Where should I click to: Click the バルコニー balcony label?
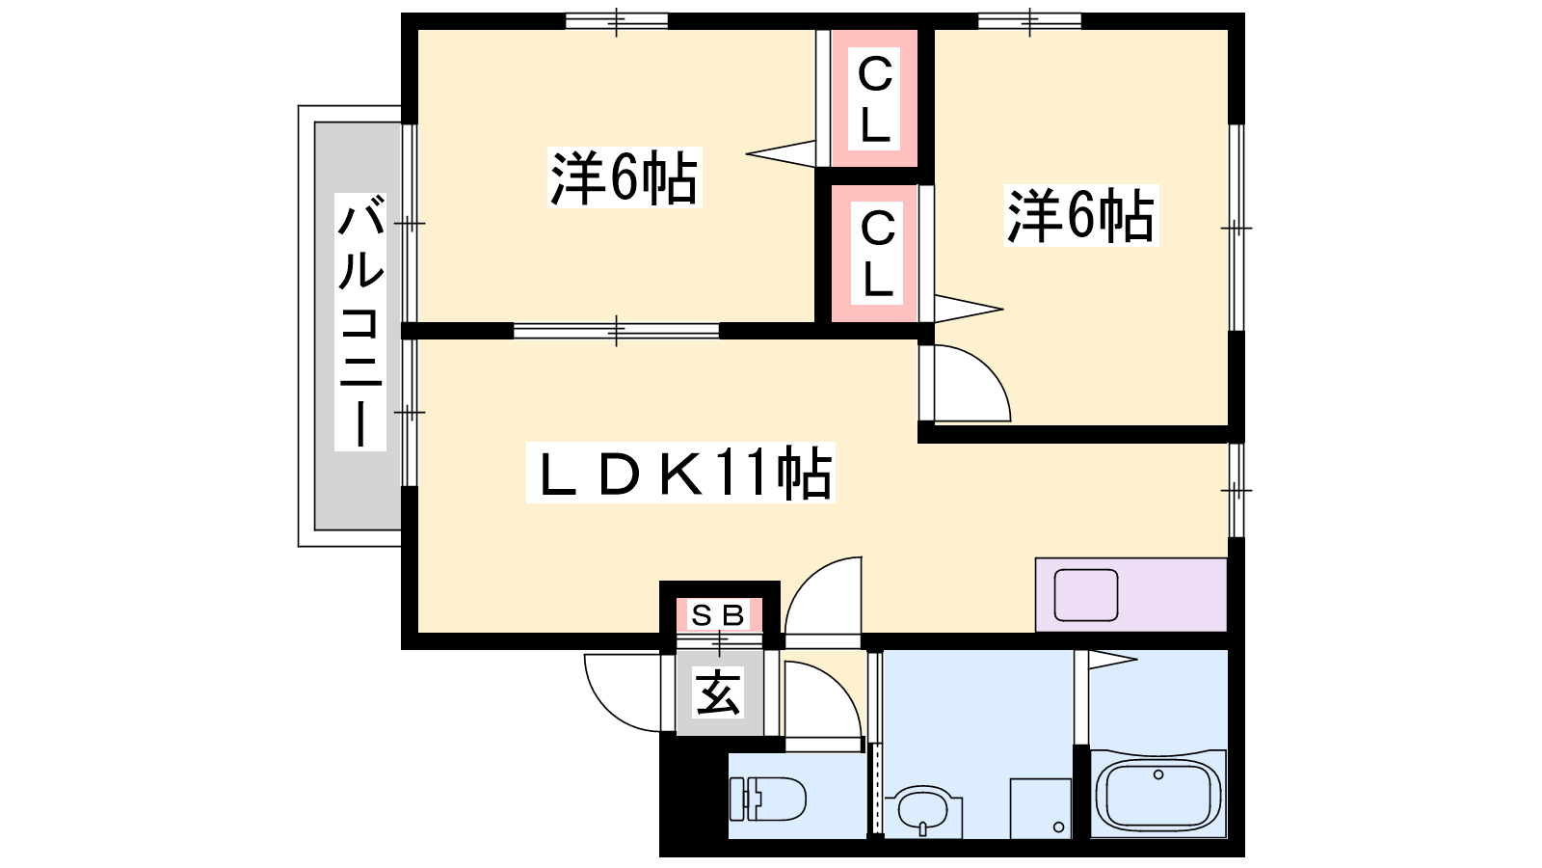[360, 322]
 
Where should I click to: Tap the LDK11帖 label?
[680, 473]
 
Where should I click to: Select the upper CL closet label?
[874, 99]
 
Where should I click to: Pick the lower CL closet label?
[877, 254]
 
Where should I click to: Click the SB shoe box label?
[718, 615]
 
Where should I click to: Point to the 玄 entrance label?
[718, 692]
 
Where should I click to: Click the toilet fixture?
[767, 800]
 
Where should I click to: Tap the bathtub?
[1157, 794]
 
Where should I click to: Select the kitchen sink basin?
[1085, 595]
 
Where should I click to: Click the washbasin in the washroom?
[922, 813]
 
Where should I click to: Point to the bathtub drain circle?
[1158, 775]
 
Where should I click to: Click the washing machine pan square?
[1040, 808]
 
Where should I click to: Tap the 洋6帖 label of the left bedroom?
[625, 177]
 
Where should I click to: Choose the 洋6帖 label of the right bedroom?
[1081, 216]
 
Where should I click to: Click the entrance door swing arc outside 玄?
[623, 692]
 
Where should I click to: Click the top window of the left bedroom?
[616, 21]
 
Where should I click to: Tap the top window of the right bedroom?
[1029, 21]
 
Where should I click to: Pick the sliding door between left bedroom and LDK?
[616, 331]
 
